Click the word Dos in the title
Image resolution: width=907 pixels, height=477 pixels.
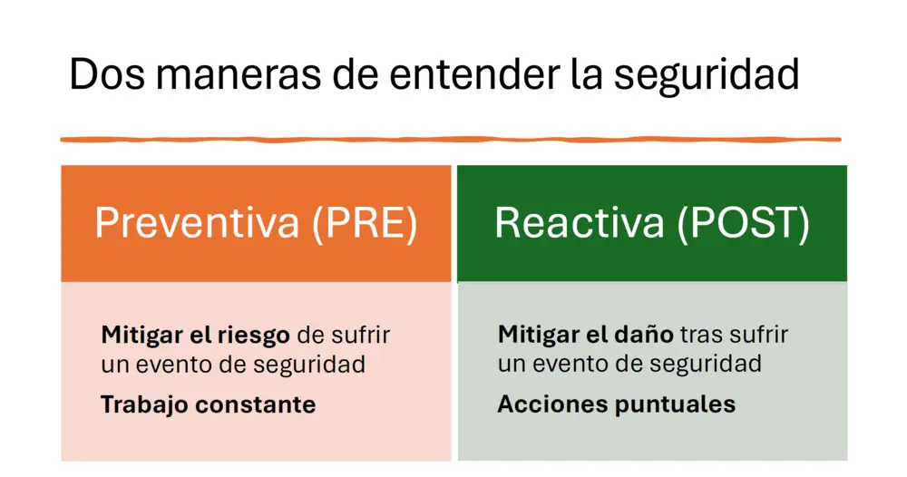pyautogui.click(x=107, y=74)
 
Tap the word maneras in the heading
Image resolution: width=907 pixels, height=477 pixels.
pyautogui.click(x=238, y=74)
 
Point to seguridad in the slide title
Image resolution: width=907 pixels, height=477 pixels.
pyautogui.click(x=707, y=76)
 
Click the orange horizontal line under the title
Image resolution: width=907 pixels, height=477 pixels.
pyautogui.click(x=451, y=140)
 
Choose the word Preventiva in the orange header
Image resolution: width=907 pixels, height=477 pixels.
pyautogui.click(x=197, y=222)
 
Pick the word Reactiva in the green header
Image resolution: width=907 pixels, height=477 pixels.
pyautogui.click(x=580, y=222)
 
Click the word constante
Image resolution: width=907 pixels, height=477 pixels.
pyautogui.click(x=256, y=404)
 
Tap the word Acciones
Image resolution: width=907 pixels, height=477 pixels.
pyautogui.click(x=551, y=404)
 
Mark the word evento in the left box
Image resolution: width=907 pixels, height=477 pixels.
pyautogui.click(x=173, y=365)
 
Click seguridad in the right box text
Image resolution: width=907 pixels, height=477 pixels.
pyautogui.click(x=705, y=365)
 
